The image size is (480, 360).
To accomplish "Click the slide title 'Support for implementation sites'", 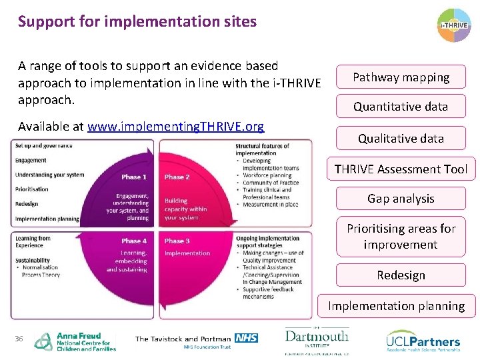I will [x=137, y=21].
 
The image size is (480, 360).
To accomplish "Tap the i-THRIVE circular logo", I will [x=454, y=26].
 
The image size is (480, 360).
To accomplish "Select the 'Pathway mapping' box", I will [x=401, y=77].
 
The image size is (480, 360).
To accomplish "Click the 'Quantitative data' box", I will [x=401, y=107].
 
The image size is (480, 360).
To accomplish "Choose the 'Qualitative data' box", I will [x=401, y=139].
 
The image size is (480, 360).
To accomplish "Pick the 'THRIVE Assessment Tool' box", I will [x=401, y=169].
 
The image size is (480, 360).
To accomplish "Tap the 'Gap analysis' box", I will [x=401, y=199].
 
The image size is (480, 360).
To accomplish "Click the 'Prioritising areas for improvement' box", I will [x=401, y=237].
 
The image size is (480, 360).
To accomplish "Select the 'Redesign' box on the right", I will [x=401, y=275].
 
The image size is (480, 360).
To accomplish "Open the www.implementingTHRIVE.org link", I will [x=175, y=127].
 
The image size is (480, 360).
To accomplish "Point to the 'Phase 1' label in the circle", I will [x=134, y=177].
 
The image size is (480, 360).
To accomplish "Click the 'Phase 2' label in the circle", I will [x=177, y=177].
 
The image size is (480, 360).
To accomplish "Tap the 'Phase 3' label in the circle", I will [x=177, y=241].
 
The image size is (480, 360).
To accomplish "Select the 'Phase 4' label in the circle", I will [x=134, y=241].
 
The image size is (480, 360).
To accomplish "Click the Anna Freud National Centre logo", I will [x=75, y=341].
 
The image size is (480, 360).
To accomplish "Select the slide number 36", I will [x=19, y=339].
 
